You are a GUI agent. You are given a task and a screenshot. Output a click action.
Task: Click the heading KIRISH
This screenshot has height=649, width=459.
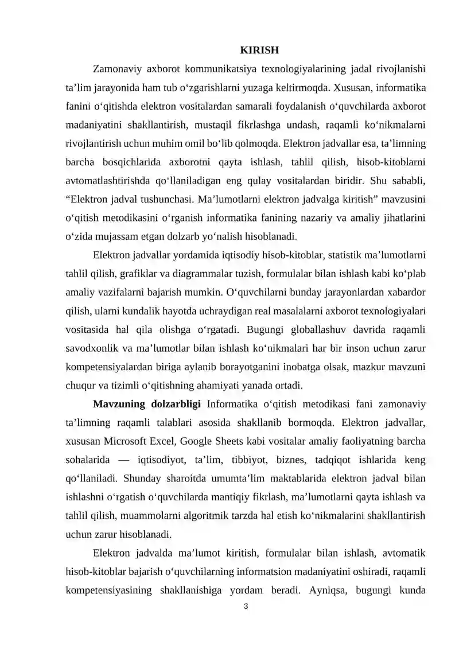click(259, 51)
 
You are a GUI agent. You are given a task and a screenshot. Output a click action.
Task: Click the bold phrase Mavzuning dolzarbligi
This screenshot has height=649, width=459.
click(146, 403)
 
